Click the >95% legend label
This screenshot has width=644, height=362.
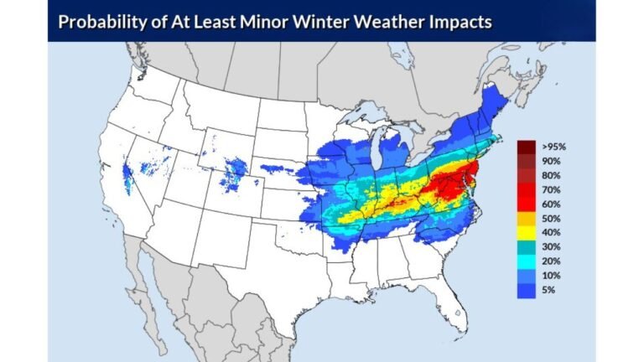[x=554, y=146]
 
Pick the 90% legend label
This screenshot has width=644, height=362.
[x=552, y=160]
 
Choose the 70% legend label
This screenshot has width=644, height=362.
[x=552, y=189]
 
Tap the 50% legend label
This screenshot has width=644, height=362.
[x=552, y=218]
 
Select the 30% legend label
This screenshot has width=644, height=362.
[x=552, y=246]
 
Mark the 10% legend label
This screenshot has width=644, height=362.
[x=552, y=275]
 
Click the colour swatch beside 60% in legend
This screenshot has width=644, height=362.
[x=526, y=204]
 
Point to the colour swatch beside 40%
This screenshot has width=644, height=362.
[x=526, y=232]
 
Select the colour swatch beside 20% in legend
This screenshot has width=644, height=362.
[x=526, y=261]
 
